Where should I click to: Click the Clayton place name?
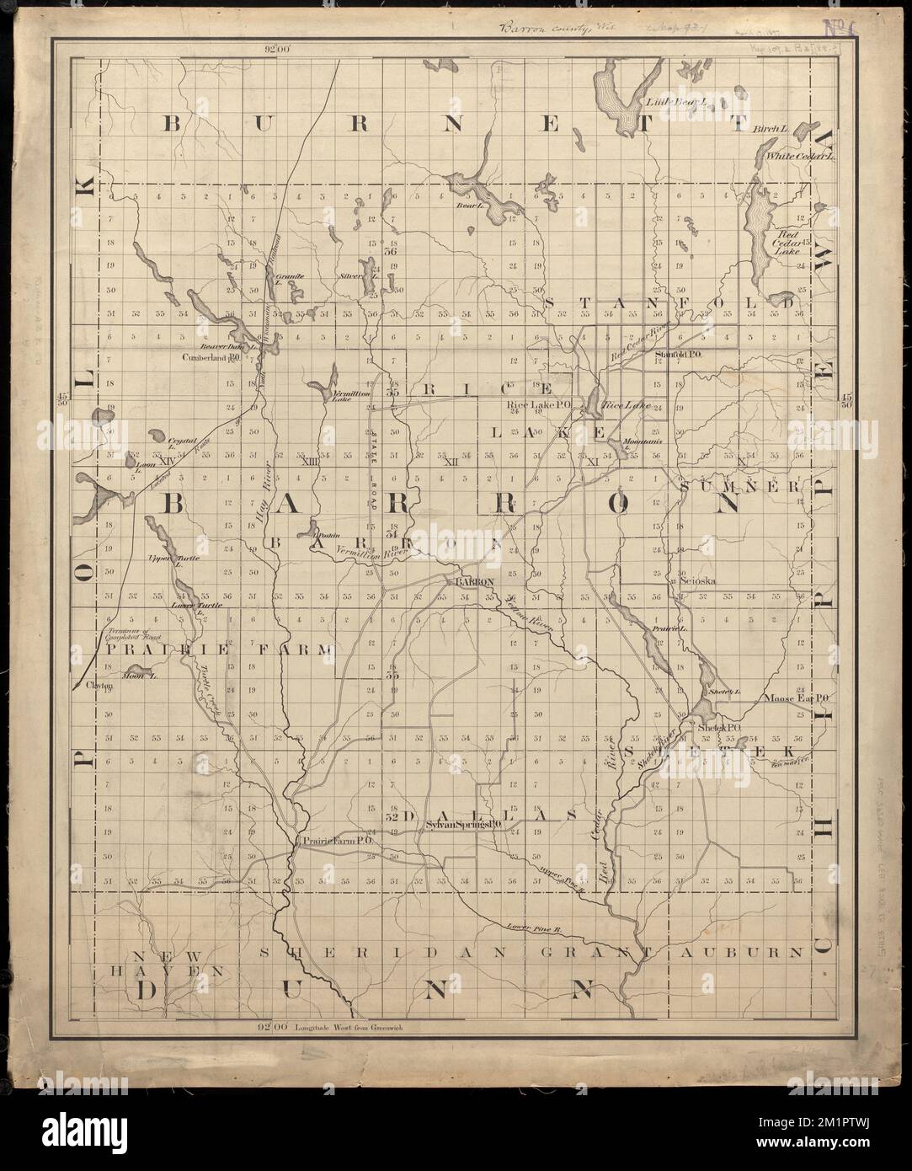[99, 686]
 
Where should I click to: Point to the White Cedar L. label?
[798, 156]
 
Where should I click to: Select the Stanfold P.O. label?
[678, 355]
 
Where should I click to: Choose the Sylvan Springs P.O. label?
[459, 826]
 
